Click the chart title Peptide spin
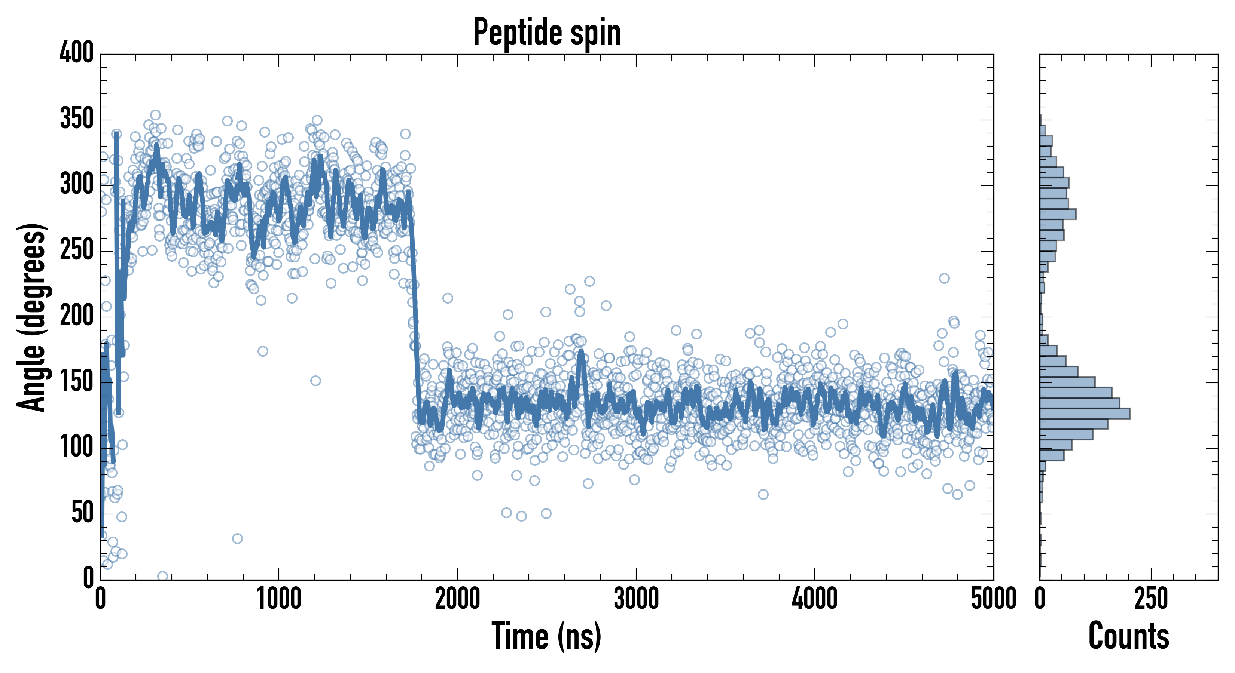(546, 33)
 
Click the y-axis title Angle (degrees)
(32, 317)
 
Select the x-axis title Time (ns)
(546, 636)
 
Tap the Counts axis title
(1129, 636)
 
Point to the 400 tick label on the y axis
(77, 53)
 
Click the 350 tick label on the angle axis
(77, 119)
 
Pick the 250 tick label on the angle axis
(77, 251)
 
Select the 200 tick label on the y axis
(77, 316)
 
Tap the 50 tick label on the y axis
(82, 513)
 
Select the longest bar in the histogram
(1085, 414)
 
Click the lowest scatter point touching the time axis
(162, 576)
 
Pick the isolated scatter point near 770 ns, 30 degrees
(237, 538)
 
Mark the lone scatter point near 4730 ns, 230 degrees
(944, 278)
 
